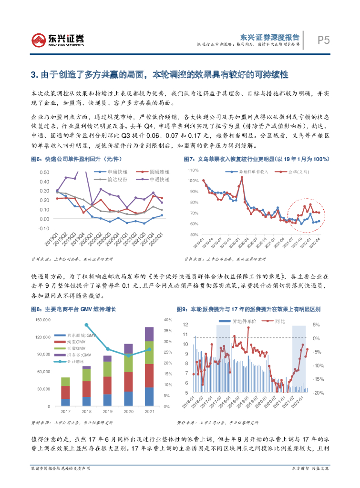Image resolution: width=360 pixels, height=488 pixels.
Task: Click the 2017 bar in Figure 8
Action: tap(65, 391)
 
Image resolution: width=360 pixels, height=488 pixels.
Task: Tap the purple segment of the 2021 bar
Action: tap(149, 334)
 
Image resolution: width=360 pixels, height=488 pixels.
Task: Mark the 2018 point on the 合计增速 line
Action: tap(86, 325)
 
